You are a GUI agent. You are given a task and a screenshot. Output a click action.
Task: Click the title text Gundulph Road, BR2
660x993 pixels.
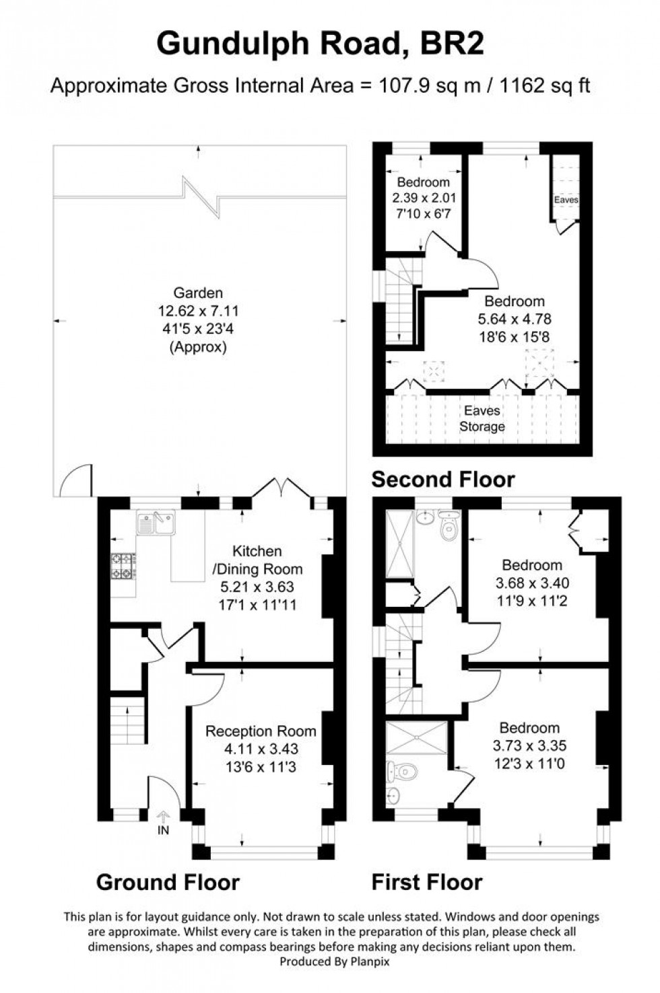320,45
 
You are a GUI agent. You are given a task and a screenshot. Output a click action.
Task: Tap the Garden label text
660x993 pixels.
198,293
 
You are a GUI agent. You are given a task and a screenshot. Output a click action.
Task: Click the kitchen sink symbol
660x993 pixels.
156,522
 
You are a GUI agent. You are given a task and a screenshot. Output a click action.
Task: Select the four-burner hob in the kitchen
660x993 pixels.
123,565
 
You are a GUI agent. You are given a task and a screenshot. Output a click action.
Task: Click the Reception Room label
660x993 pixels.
261,731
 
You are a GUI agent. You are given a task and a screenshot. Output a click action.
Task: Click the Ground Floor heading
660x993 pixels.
168,882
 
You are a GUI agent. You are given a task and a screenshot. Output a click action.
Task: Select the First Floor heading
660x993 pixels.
427,882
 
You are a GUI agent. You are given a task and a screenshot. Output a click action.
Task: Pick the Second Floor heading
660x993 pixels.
443,480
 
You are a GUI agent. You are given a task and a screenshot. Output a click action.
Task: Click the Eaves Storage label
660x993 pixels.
482,418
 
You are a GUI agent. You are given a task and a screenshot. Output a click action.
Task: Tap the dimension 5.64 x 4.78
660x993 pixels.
515,319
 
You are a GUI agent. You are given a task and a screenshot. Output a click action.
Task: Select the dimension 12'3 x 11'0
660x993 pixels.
529,764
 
